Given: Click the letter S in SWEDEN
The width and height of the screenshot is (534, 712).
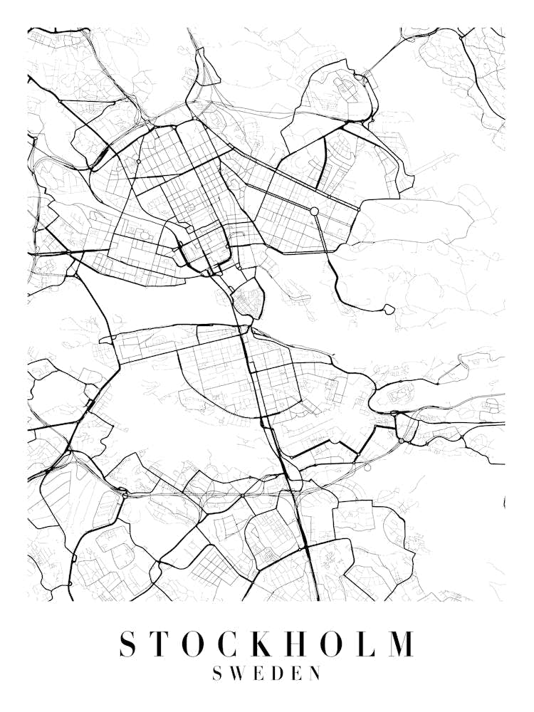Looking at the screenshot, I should point(217,674).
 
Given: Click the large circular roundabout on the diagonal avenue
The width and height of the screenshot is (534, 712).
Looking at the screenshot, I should point(314,211).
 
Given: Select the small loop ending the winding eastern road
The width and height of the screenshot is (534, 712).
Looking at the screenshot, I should point(389,309).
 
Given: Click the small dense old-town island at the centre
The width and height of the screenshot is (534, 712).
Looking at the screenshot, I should point(248,297).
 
